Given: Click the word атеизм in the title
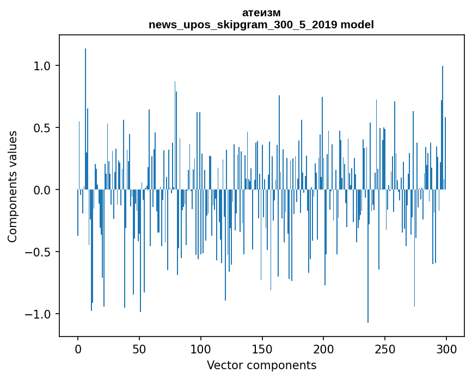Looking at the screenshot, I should [261, 13].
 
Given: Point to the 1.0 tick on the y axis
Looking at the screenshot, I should [42, 66].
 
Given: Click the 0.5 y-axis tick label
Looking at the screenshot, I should [42, 128].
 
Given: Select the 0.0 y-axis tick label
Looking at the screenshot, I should [42, 190].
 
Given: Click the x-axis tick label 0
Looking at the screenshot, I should [78, 349].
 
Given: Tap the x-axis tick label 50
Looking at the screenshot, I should [139, 349].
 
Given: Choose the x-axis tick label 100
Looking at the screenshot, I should [201, 349].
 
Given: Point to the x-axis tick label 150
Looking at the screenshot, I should [262, 349].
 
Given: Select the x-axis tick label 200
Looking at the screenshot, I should [324, 349].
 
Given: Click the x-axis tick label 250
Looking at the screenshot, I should [385, 349].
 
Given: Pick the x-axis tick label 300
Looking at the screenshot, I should [446, 349].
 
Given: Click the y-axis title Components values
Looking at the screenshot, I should [13, 186].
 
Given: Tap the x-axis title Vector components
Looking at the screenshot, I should [261, 365].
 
